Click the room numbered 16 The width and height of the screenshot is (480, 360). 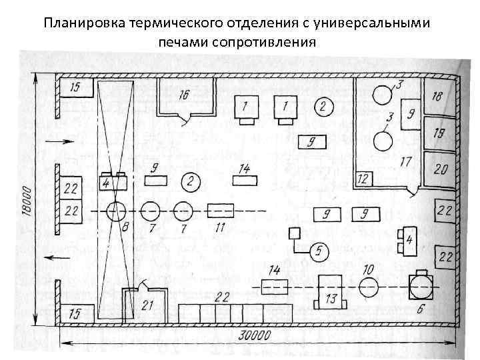coord(185,97)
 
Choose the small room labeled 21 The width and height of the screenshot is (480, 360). coord(147,305)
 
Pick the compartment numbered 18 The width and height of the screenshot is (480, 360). coord(437,97)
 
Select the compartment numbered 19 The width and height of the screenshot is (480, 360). coord(437,133)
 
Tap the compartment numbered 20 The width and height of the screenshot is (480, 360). coord(439,170)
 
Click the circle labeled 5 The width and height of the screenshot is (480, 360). coord(319,251)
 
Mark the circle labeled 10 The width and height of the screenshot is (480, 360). coord(368,287)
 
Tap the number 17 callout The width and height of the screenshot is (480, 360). coord(405,162)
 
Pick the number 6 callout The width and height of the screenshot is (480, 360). coord(419,309)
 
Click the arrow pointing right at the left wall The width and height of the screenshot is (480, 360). coord(54,142)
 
